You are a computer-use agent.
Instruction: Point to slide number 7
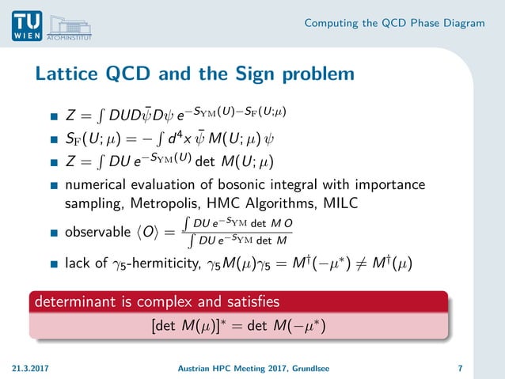click(x=460, y=368)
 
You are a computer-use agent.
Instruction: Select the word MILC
click(x=340, y=203)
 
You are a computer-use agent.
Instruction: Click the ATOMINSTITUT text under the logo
click(x=71, y=36)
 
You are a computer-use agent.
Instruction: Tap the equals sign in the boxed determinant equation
click(x=237, y=324)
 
